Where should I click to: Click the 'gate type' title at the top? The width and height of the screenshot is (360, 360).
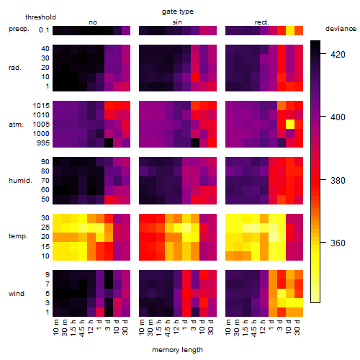pos(178,12)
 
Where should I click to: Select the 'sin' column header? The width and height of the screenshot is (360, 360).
pos(177,22)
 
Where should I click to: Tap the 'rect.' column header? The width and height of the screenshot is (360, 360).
pos(262,22)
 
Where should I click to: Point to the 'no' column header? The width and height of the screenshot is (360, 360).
pos(93,22)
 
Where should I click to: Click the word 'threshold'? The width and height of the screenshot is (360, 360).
pos(40,17)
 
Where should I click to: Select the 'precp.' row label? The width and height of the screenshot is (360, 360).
pos(19,29)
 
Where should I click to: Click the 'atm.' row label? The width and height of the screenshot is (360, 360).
pos(16,125)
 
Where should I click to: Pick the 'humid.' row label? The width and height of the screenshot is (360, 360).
pos(20,180)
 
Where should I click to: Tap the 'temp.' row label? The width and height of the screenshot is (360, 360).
pos(18,236)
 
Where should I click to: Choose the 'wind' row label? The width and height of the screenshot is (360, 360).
pos(17,294)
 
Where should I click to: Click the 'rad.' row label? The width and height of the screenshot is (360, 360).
pos(15,68)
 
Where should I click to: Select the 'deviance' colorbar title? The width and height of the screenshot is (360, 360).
pos(341,29)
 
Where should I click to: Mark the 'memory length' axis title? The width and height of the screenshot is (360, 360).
pos(178,350)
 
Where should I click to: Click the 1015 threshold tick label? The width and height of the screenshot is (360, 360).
pos(41,106)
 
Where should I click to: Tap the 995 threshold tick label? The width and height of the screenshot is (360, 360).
pos(43,143)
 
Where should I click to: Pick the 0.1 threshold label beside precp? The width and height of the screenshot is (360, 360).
pos(44,30)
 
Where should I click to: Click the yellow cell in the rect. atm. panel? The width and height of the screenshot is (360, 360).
pos(290,124)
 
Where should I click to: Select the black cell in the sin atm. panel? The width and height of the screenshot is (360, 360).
pos(195,143)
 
